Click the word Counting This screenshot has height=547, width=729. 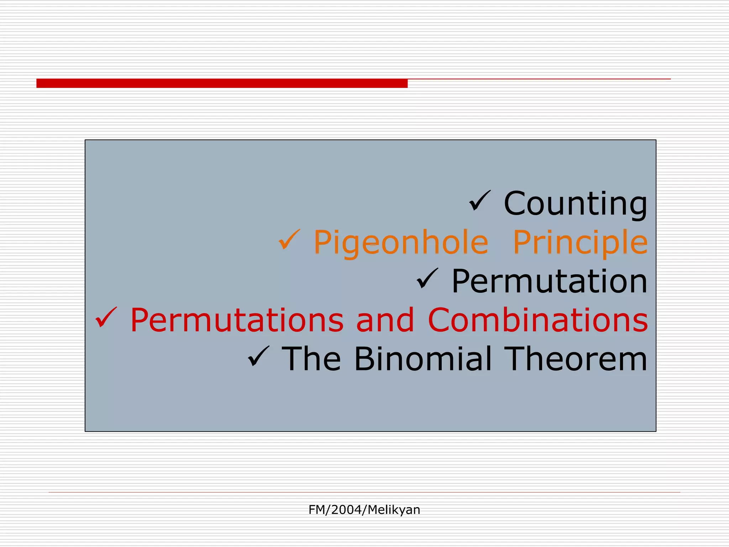pyautogui.click(x=575, y=204)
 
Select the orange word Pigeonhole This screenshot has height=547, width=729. pyautogui.click(x=401, y=243)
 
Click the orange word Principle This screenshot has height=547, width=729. pyautogui.click(x=580, y=243)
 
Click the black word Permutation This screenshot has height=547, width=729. pyautogui.click(x=549, y=281)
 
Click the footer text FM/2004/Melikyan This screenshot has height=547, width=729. pyautogui.click(x=364, y=510)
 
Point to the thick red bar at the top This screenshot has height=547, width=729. pyautogui.click(x=222, y=83)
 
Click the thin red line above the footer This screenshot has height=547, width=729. pyautogui.click(x=364, y=492)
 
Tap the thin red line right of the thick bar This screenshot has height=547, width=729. pyautogui.click(x=539, y=79)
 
